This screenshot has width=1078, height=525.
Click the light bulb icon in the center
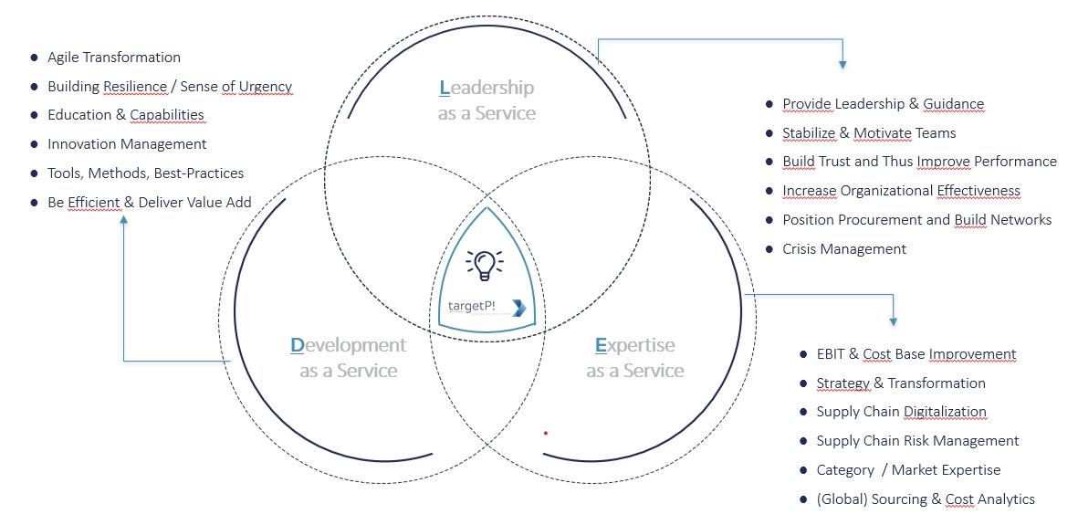point(485,264)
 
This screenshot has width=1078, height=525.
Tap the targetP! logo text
point(472,306)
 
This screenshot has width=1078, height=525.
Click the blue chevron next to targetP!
point(518,307)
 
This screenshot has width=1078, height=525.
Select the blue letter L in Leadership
point(444,88)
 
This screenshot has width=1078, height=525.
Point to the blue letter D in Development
point(297,345)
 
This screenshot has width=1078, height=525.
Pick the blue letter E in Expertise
point(601,345)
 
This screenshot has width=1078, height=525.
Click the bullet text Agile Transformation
point(114,58)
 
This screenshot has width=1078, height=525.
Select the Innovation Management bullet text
point(127,144)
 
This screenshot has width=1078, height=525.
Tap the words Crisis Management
point(844,249)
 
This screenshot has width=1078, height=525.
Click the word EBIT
point(832,354)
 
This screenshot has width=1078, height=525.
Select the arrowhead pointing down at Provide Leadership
point(843,64)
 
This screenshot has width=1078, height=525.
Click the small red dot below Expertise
point(546,433)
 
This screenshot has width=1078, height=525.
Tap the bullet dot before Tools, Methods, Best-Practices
point(34,173)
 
